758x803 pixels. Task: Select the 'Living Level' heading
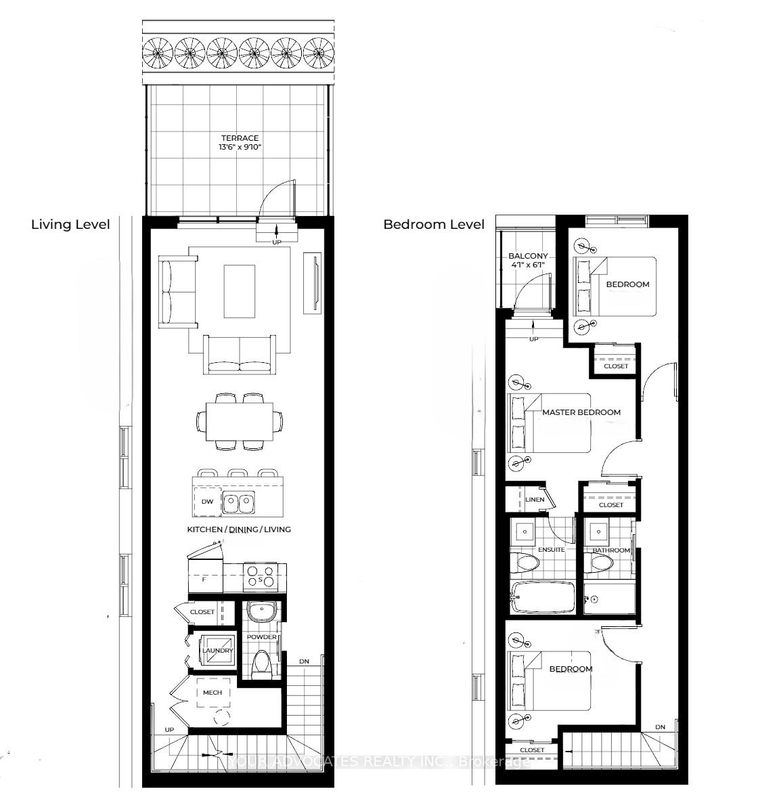tap(70, 225)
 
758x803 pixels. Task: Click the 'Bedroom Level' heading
tap(434, 225)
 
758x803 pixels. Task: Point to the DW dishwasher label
tap(208, 502)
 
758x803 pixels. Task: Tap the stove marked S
tap(261, 576)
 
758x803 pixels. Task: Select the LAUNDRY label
tap(217, 651)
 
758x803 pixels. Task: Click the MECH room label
tap(213, 693)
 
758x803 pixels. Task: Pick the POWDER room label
tap(261, 637)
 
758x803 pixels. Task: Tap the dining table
tap(240, 422)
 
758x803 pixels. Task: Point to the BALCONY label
tap(528, 256)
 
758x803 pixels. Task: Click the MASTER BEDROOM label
tap(581, 412)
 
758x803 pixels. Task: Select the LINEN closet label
tap(535, 500)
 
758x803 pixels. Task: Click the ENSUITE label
tap(551, 550)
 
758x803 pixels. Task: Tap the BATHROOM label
tap(612, 550)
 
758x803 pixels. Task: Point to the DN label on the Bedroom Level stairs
tap(660, 727)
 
